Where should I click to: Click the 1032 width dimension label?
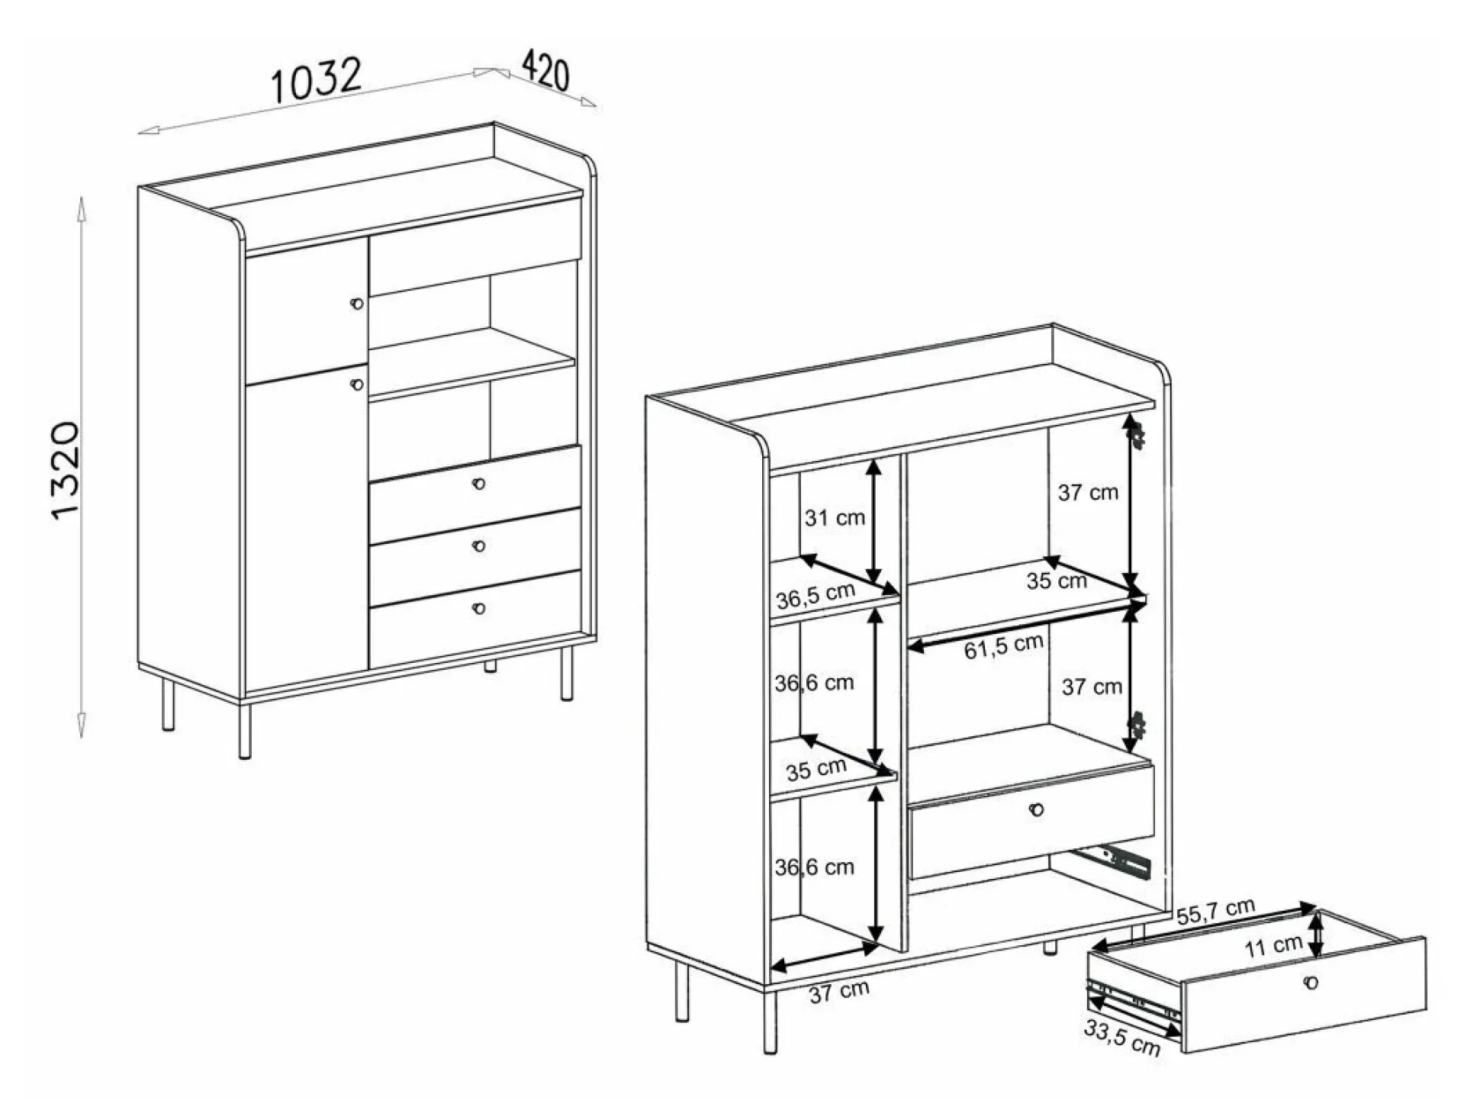pos(316,79)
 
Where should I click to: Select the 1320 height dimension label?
pos(65,471)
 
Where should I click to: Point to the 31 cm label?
pos(835,518)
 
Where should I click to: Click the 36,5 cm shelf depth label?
pos(816,595)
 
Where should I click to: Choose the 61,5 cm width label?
pos(1003,646)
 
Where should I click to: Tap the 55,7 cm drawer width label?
pos(1215,911)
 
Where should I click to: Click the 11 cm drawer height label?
pos(1273,946)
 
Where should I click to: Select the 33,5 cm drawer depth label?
pos(1122,1038)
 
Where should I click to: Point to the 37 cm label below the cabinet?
pos(839,993)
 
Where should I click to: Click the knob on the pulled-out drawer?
pos(1311,983)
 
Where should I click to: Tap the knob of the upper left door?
pos(357,304)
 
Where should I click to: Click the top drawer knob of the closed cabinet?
pos(479,484)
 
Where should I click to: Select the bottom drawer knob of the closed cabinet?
pos(479,609)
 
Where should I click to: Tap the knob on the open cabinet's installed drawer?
pos(1036,809)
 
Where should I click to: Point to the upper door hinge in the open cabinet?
pos(1137,436)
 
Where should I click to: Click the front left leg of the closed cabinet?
pos(245,730)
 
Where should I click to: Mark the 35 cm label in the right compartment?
pos(1057,581)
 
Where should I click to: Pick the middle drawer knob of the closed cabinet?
pos(479,546)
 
